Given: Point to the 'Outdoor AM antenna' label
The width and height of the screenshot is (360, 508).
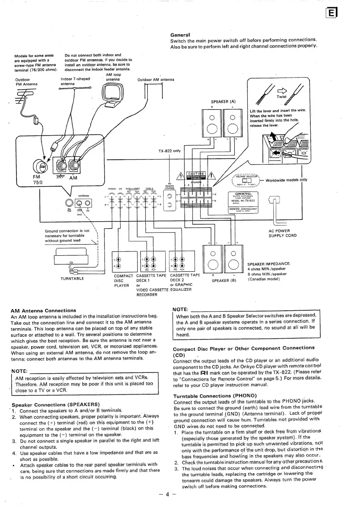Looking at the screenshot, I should pyautogui.click(x=155, y=80).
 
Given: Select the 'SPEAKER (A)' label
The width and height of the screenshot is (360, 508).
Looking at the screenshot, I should pyautogui.click(x=223, y=102).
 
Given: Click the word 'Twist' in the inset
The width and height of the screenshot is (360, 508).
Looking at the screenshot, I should pyautogui.click(x=281, y=97).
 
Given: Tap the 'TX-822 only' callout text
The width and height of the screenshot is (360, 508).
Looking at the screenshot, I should pyautogui.click(x=169, y=151).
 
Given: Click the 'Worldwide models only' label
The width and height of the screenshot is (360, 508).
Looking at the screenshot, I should pyautogui.click(x=286, y=180).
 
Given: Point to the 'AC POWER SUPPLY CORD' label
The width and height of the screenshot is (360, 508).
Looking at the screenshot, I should pyautogui.click(x=282, y=233).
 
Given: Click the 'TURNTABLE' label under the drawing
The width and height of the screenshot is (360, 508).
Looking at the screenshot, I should pyautogui.click(x=72, y=278).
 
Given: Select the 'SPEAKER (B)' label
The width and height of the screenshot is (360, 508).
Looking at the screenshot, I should pyautogui.click(x=224, y=281).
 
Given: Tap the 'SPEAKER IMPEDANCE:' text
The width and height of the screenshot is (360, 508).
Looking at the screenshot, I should pyautogui.click(x=269, y=264).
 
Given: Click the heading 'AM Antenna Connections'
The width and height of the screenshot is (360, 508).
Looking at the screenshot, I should pyautogui.click(x=43, y=311).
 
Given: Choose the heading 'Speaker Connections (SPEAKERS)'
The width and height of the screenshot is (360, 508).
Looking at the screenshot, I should pyautogui.click(x=56, y=405).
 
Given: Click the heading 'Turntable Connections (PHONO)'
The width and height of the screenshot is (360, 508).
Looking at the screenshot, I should pyautogui.click(x=215, y=396).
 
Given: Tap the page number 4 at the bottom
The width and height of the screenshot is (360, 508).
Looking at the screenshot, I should pyautogui.click(x=167, y=495).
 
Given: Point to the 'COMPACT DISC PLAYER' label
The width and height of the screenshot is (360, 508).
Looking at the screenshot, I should pyautogui.click(x=123, y=281).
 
